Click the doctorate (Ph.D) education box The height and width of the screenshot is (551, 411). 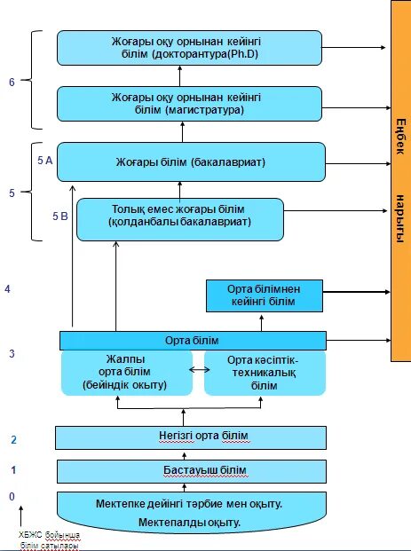pos(189,48)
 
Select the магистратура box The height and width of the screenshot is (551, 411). pos(189,104)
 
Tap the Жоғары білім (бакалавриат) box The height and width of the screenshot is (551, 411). pos(191,162)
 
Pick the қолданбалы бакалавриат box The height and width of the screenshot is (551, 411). pos(180,220)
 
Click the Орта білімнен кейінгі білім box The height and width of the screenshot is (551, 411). pos(264,295)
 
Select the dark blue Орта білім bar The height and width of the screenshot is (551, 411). pos(193,341)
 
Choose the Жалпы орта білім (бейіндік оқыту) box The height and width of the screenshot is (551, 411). pos(127,373)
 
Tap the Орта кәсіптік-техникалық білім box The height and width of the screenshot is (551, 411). pos(265,373)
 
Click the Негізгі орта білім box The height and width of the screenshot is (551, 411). pos(191,437)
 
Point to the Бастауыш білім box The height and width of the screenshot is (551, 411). pos(192,471)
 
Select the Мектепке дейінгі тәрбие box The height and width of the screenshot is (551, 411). pos(192,512)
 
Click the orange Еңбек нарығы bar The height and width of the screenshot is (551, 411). pos(401,181)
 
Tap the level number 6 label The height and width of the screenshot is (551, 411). pos(12,83)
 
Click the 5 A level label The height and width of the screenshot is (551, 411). pos(45,161)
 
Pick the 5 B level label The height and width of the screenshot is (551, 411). pos(60,216)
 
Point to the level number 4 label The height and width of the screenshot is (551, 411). pos(8,289)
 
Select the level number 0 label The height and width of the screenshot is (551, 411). pos(12,497)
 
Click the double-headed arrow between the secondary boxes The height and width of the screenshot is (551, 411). pos(200,370)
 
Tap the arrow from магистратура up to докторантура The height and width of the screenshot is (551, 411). pos(179,76)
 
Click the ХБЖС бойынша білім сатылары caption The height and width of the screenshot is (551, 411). pos(49,540)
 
